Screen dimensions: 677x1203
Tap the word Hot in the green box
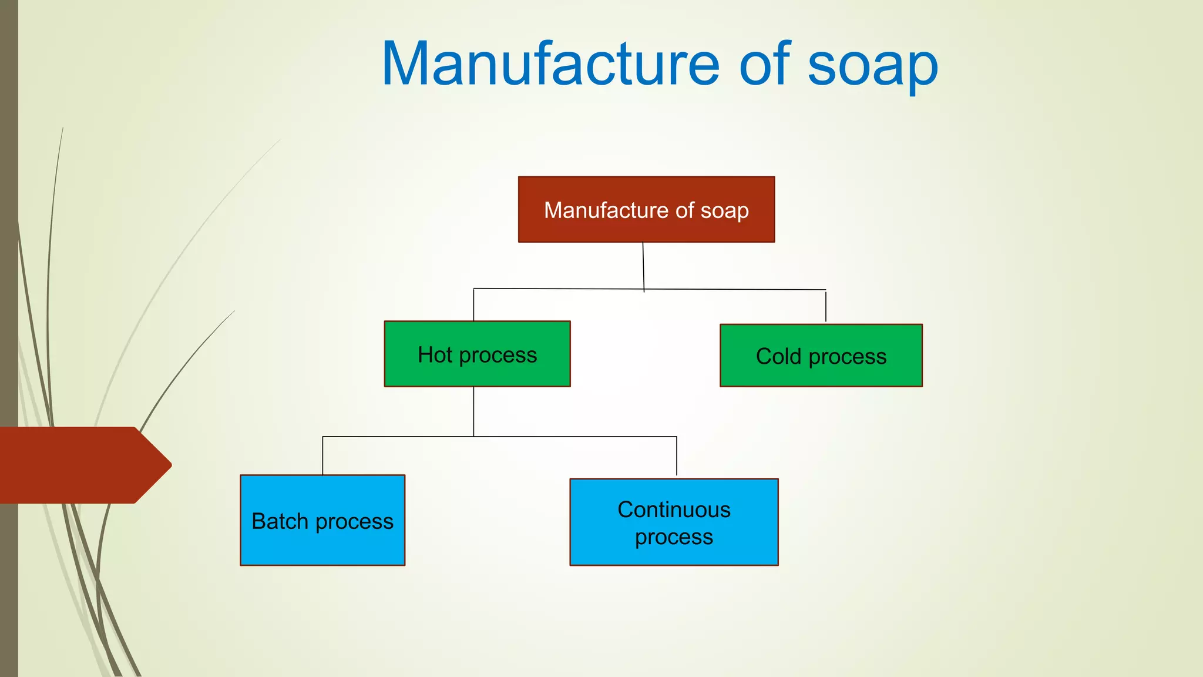435,355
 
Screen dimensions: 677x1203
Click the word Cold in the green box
778,356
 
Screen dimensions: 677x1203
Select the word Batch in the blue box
280,521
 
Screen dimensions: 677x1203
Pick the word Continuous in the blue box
674,510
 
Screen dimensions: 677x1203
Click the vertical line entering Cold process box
826,306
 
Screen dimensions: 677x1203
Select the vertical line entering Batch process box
322,455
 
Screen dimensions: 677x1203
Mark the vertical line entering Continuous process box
677,456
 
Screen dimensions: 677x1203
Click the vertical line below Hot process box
473,411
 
